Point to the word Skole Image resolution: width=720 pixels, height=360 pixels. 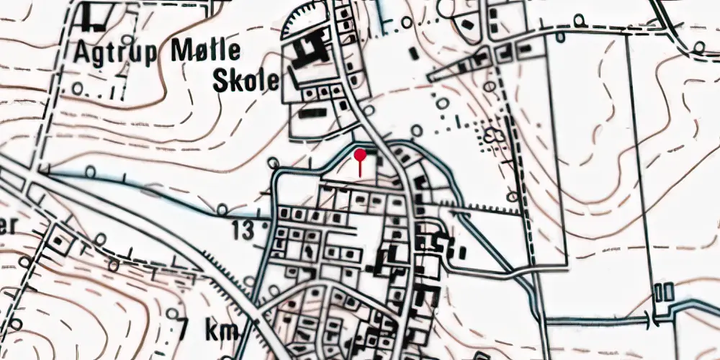(x=245, y=80)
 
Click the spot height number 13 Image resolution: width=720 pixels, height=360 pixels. (x=244, y=230)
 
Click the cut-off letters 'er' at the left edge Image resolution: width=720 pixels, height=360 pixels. (x=7, y=225)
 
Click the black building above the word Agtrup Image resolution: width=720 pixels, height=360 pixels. (x=94, y=18)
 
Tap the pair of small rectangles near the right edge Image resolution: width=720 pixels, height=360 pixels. (x=665, y=292)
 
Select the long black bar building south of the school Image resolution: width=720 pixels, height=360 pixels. (x=311, y=113)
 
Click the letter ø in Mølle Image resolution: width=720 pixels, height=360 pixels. (x=189, y=53)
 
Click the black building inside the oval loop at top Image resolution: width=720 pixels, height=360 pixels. (x=467, y=25)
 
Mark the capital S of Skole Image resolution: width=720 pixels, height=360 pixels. (x=221, y=80)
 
